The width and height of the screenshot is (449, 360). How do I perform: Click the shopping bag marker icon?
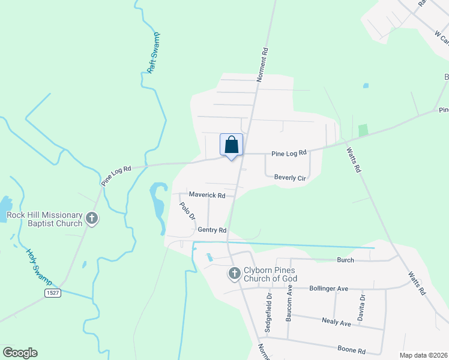pos(232,145)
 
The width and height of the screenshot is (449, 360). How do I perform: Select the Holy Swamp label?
pos(39,266)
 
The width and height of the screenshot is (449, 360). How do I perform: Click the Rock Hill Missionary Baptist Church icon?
pos(92,218)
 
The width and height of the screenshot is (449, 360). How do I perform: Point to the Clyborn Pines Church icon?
pos(234,274)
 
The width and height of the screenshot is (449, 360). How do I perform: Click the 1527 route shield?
pos(53,292)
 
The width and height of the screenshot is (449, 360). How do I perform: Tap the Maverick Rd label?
pos(207,195)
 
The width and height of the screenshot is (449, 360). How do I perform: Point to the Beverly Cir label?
pos(290,178)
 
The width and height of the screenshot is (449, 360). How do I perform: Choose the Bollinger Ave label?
pos(328,289)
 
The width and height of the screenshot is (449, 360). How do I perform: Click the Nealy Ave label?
pos(336,323)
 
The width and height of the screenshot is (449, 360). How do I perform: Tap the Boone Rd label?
pos(352,350)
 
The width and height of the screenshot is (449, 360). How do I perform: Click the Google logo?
pos(20,353)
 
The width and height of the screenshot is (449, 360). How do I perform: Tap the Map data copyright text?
pos(423,355)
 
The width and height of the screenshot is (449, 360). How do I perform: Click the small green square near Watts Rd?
pos(363,130)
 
